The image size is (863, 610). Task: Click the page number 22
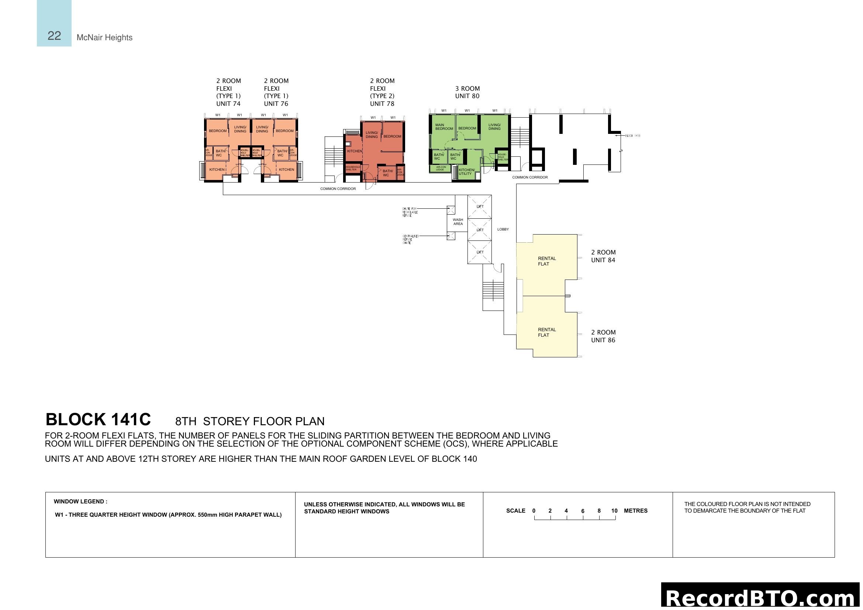tap(54, 36)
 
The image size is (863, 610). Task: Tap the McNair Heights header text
tap(104, 38)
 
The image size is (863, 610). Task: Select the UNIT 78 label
tap(382, 104)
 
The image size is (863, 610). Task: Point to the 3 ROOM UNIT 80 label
tap(467, 93)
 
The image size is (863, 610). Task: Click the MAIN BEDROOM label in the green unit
tap(444, 127)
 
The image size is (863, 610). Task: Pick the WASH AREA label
tap(458, 222)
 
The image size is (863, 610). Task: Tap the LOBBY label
tap(503, 229)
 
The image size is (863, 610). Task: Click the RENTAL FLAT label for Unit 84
tap(546, 261)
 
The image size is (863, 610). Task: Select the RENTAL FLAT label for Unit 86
tap(546, 332)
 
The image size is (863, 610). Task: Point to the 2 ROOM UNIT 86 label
tap(603, 336)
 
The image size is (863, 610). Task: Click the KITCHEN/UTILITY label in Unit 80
tap(466, 171)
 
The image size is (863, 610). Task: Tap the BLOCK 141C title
tap(98, 420)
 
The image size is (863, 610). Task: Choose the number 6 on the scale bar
tap(583, 511)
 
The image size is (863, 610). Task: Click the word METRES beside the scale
tap(636, 511)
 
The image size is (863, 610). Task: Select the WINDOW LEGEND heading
tap(80, 502)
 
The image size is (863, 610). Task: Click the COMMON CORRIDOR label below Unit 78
tap(338, 189)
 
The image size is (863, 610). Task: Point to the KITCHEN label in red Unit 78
tap(354, 151)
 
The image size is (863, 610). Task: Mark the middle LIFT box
tap(480, 229)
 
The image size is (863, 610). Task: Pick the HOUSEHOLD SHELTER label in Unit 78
tap(353, 168)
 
